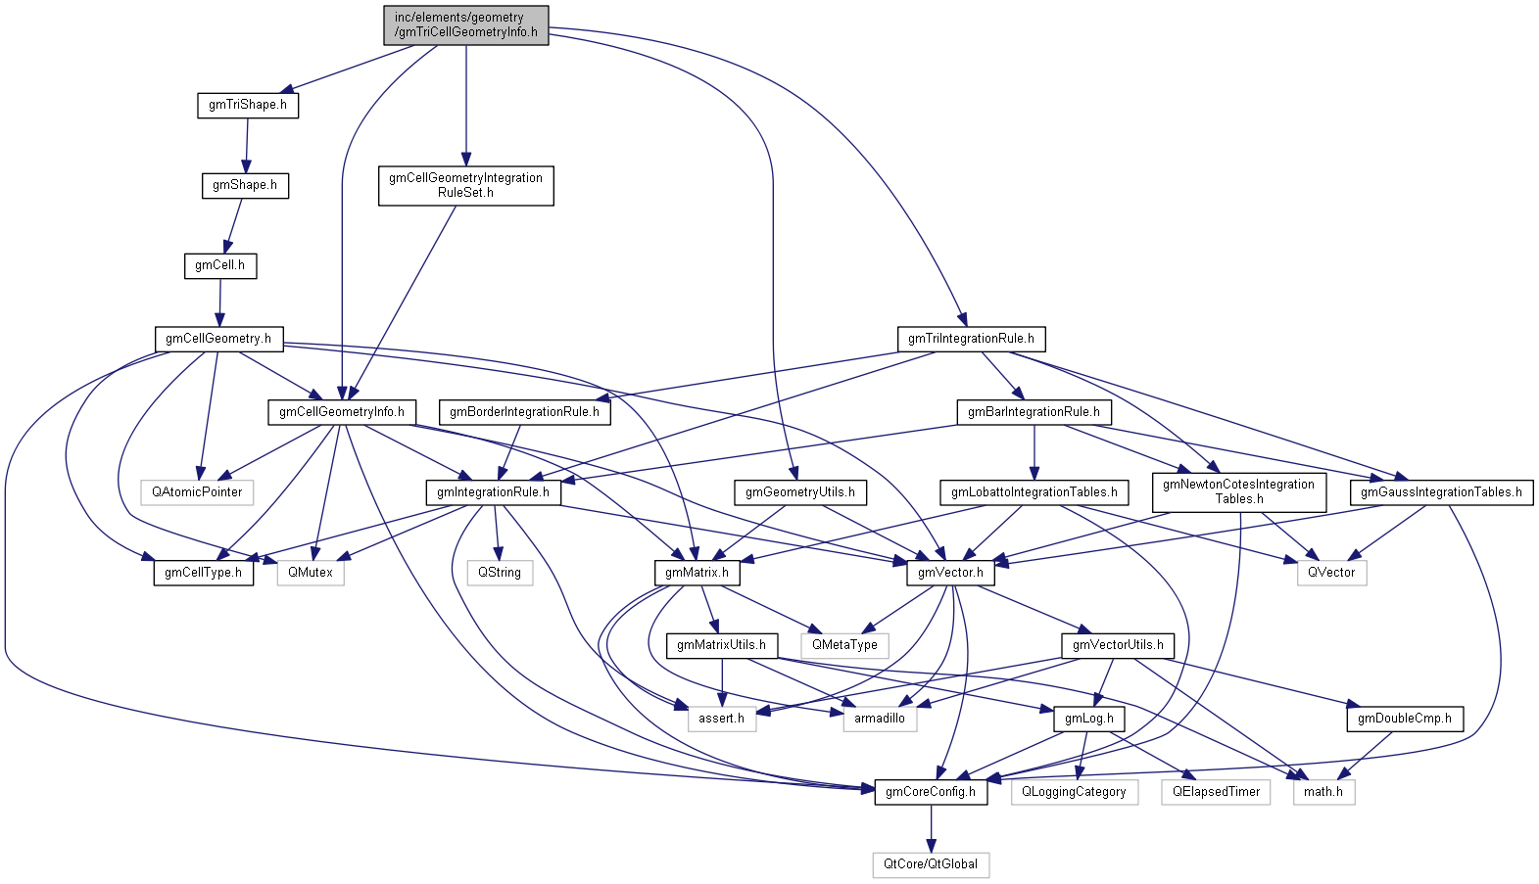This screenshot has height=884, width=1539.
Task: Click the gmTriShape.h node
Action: (x=247, y=105)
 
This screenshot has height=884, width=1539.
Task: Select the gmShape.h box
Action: (x=245, y=185)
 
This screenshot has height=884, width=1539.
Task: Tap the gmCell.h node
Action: (x=220, y=265)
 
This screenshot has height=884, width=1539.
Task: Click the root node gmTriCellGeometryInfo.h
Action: (x=465, y=24)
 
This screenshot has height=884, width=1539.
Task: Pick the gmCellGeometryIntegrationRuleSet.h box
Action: (x=465, y=185)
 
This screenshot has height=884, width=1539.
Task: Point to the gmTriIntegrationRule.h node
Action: (x=971, y=339)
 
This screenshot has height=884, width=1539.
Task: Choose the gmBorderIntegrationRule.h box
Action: (x=524, y=412)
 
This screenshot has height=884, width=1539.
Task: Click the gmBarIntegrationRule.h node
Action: (x=1034, y=412)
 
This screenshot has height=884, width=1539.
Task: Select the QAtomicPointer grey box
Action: (x=197, y=492)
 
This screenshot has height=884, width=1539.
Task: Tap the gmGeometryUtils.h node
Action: (x=799, y=492)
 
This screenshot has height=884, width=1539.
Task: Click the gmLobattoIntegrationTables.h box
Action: (x=1034, y=492)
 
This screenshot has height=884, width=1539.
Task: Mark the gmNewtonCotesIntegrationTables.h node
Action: (x=1238, y=491)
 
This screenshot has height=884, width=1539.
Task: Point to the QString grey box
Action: (x=500, y=573)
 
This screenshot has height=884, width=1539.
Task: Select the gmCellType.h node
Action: (x=203, y=573)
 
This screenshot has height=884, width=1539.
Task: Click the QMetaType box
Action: (x=844, y=645)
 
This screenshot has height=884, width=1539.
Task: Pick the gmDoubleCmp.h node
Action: (x=1404, y=719)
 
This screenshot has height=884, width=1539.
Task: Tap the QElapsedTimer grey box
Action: (x=1216, y=792)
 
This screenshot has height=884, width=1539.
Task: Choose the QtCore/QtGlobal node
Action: (x=931, y=864)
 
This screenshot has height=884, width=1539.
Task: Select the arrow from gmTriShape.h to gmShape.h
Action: (x=246, y=145)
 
